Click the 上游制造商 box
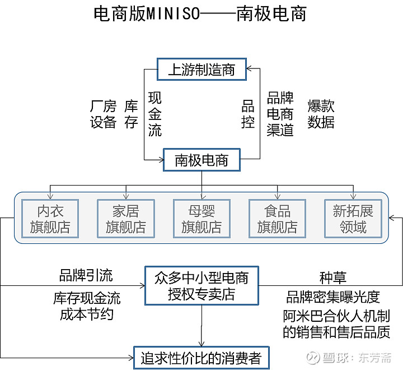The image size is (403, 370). [x=201, y=70]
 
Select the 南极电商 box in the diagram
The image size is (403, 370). [x=201, y=160]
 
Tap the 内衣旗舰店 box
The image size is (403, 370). [x=50, y=219]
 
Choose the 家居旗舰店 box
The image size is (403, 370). [x=126, y=219]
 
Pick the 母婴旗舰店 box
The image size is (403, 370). [x=201, y=219]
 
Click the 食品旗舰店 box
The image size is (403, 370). [x=277, y=219]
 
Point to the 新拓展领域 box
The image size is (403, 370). [x=353, y=219]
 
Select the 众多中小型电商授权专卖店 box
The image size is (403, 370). [x=201, y=285]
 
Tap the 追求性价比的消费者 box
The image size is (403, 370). [x=201, y=357]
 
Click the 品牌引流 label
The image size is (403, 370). [x=86, y=275]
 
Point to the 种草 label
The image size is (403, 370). [x=333, y=277]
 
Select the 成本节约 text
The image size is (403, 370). [x=87, y=314]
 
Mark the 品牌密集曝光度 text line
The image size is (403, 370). [x=333, y=297]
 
